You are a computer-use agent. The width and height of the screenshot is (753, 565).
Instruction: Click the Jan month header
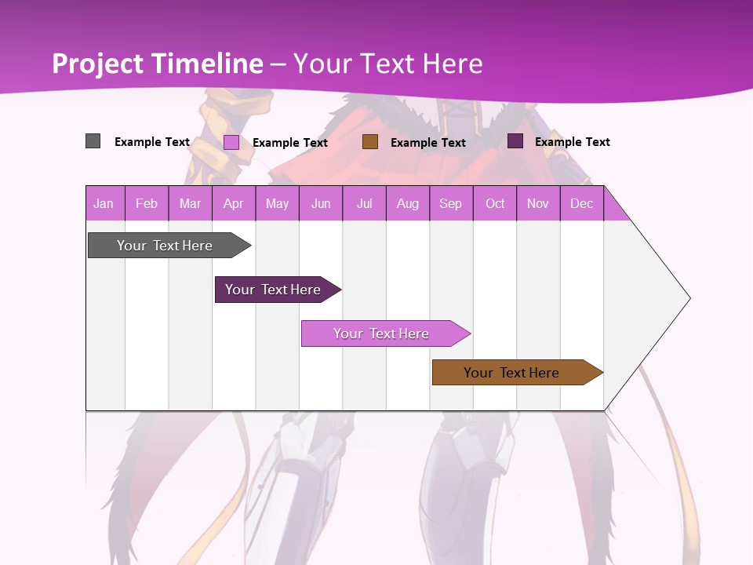104,204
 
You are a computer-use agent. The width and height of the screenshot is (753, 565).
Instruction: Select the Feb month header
147,204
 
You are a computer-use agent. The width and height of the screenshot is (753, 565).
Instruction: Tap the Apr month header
234,204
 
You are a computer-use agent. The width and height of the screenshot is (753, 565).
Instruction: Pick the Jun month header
321,204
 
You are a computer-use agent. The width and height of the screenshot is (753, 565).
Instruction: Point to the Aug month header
408,204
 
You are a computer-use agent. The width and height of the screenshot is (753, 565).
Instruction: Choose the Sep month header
451,204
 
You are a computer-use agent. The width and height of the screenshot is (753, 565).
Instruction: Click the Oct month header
495,204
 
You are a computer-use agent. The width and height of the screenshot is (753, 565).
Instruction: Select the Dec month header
582,204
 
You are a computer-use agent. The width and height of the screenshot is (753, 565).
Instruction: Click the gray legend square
93,141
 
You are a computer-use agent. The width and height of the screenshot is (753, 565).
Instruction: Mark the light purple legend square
231,142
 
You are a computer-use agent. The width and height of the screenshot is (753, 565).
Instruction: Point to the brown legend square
370,142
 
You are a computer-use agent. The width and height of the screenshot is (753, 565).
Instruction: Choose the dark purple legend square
515,141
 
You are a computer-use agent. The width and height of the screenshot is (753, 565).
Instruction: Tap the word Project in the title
98,64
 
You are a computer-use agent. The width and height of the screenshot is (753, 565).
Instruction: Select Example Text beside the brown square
428,143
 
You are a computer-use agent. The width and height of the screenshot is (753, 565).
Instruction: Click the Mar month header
190,204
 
